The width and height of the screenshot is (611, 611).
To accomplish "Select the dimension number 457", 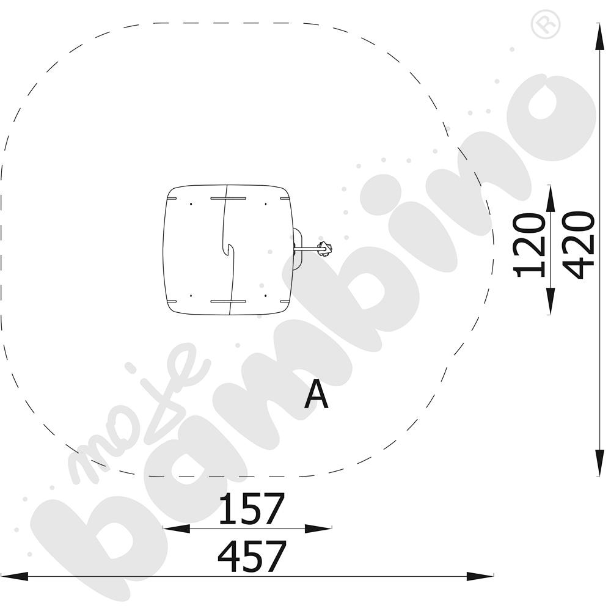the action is [252, 556].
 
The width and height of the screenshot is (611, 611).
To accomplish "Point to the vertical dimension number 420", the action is [579, 245].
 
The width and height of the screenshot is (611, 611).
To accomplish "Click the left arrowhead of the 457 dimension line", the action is [15, 576].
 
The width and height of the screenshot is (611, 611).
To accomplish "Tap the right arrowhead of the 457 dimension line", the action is [480, 576].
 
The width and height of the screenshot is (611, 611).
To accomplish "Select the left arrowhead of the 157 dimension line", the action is [177, 529].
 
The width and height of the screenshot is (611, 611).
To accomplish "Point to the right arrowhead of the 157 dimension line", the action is [318, 529].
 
